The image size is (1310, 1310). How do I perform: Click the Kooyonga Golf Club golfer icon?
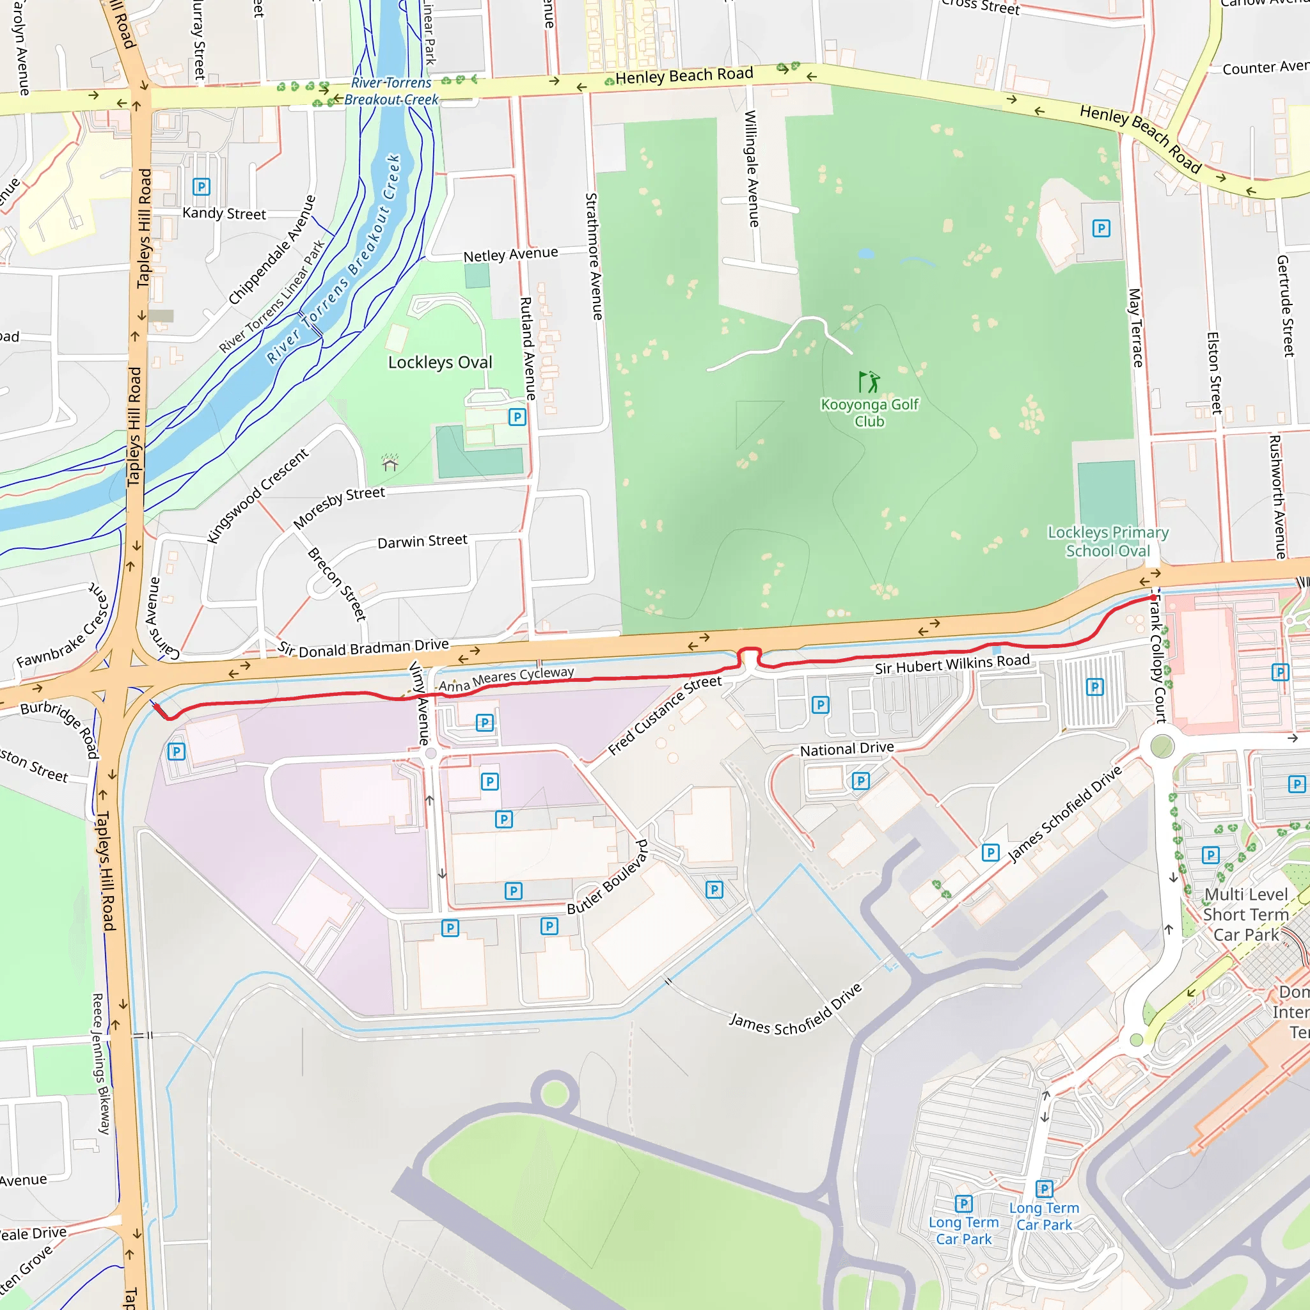[869, 382]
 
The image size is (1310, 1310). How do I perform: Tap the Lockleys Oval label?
[440, 363]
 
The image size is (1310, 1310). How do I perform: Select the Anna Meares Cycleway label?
[506, 679]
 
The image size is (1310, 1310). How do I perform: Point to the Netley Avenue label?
[510, 255]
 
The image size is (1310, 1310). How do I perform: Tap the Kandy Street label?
[224, 214]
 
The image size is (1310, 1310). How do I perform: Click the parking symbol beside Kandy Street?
[201, 187]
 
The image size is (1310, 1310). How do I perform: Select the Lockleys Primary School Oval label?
[1108, 541]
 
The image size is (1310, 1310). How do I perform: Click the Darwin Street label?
[422, 541]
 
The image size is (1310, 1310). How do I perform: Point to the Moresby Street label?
[338, 507]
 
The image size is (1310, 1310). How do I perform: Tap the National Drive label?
[847, 748]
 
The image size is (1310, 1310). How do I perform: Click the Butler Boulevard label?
[608, 877]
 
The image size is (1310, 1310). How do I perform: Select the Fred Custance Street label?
[665, 714]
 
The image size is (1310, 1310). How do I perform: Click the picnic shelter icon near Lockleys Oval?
[390, 463]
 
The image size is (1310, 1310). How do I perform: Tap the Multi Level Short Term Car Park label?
[1245, 914]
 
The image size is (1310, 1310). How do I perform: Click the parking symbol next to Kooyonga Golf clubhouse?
[1101, 228]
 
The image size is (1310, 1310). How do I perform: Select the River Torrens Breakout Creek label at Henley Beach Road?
[391, 91]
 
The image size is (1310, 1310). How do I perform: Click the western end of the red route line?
[156, 706]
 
